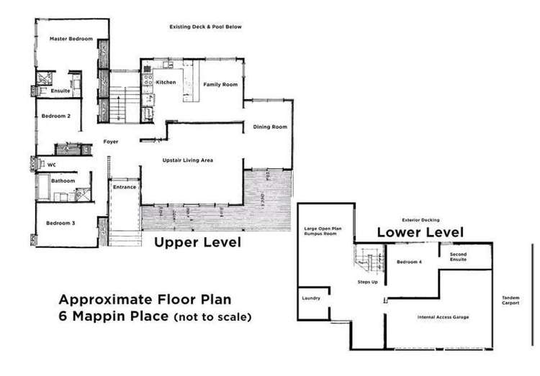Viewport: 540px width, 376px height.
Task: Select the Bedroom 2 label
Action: [x=55, y=116]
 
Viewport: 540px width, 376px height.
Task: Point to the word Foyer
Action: [x=110, y=142]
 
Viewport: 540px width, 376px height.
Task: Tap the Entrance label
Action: [x=124, y=187]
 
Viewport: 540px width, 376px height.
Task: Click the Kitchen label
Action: [x=166, y=83]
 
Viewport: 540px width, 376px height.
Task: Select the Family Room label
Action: [x=220, y=85]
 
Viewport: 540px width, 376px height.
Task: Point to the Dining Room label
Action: [x=270, y=127]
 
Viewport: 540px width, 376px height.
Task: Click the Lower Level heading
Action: [x=420, y=232]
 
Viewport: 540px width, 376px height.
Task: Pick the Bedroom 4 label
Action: [x=409, y=262]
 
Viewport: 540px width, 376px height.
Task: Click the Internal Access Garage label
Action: [x=446, y=316]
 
